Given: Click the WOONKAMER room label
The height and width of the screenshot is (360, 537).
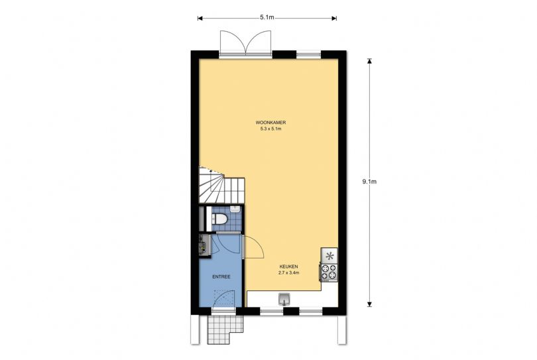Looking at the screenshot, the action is click(x=270, y=122).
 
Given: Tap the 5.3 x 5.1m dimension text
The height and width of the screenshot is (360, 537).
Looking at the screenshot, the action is click(x=270, y=129).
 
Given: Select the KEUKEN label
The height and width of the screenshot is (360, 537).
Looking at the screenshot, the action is click(x=288, y=267).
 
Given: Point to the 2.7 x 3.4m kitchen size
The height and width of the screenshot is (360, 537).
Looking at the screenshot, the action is click(x=288, y=273).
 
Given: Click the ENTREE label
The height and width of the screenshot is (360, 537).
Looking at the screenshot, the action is click(x=221, y=276).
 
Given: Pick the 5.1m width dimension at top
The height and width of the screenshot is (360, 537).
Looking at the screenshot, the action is click(x=267, y=17).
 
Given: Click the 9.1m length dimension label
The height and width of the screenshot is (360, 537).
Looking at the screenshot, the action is click(x=369, y=182).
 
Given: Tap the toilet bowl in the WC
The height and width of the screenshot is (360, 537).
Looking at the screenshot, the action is click(x=219, y=218).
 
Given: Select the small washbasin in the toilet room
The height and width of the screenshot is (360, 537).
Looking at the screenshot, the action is click(x=235, y=209).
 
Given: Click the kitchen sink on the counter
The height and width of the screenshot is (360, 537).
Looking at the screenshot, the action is click(x=284, y=299).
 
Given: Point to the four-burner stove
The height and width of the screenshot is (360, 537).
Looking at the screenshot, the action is click(x=329, y=272).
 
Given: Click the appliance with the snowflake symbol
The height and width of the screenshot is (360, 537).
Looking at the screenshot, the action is click(x=329, y=255).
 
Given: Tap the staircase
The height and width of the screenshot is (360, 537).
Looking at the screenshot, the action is click(x=221, y=186).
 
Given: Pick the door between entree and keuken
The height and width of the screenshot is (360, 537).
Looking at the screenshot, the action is click(x=253, y=247).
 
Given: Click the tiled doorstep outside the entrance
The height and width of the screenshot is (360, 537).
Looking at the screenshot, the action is click(x=225, y=330).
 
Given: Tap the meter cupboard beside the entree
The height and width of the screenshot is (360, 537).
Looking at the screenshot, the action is click(x=205, y=245).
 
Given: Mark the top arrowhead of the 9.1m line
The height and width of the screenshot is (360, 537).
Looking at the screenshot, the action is click(x=369, y=61).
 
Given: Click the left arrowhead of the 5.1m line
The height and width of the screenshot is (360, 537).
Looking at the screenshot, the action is click(x=200, y=18).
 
